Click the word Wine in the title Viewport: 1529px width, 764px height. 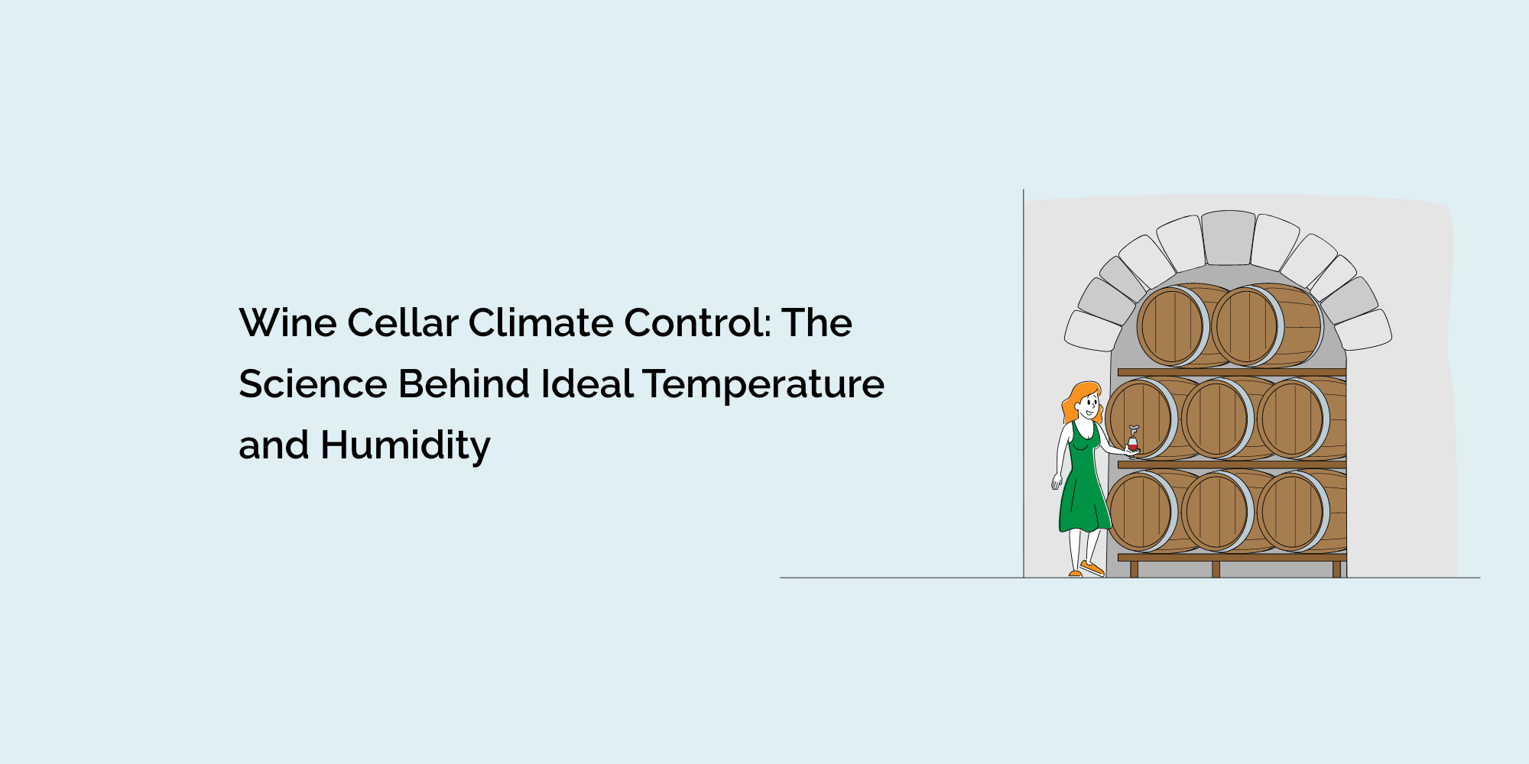(x=288, y=323)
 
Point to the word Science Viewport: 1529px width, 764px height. (x=313, y=384)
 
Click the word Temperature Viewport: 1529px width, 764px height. (x=763, y=384)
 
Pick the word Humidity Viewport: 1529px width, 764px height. (x=405, y=445)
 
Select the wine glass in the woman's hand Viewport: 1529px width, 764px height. (x=1132, y=443)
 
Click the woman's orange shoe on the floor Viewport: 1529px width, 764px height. (x=1092, y=568)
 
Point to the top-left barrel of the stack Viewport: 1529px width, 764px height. (x=1170, y=325)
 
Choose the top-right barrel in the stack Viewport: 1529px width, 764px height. (x=1246, y=325)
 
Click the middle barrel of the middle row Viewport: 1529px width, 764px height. (x=1216, y=419)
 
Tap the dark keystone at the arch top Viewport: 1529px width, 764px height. (x=1228, y=238)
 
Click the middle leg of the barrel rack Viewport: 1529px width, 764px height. (x=1216, y=569)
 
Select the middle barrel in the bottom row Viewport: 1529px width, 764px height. (x=1216, y=511)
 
